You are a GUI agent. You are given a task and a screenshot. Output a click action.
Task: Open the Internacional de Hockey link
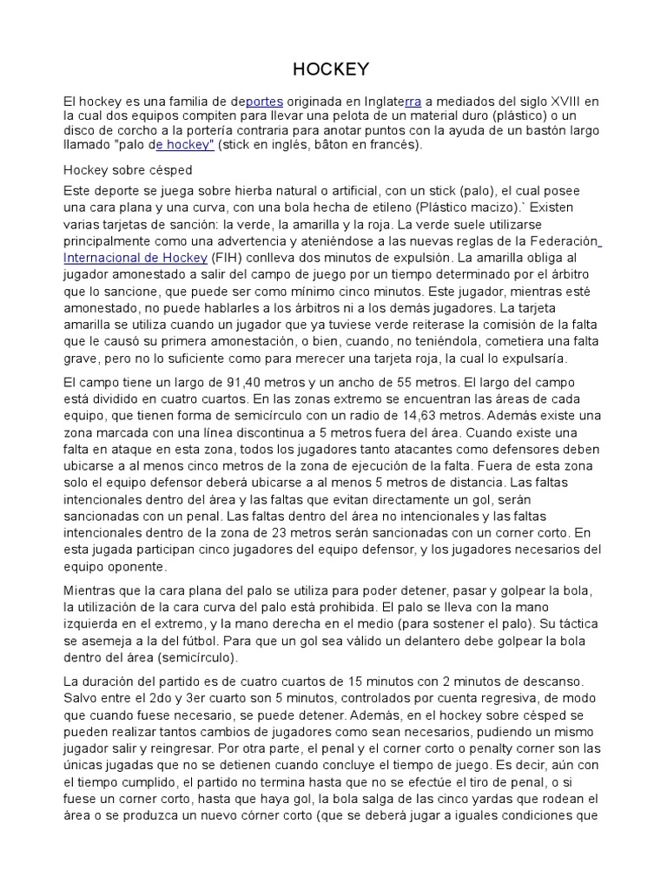(135, 258)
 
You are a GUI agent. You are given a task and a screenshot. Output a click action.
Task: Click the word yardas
(487, 799)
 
